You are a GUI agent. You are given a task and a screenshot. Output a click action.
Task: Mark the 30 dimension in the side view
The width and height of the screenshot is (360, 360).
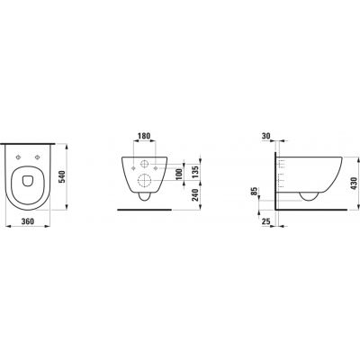266,136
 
